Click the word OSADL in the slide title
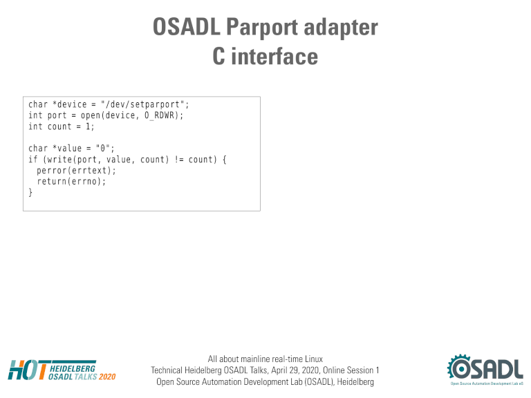[x=187, y=27]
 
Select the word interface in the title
[x=274, y=56]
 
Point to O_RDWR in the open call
[x=159, y=116]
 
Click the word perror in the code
[x=51, y=171]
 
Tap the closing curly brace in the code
[x=30, y=193]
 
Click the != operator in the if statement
[x=179, y=160]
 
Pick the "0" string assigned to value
[x=102, y=149]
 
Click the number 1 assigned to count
[x=88, y=126]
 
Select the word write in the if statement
[x=59, y=160]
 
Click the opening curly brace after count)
[x=224, y=160]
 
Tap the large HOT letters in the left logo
[x=28, y=370]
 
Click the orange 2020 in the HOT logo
[x=107, y=377]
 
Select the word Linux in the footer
[x=314, y=359]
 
